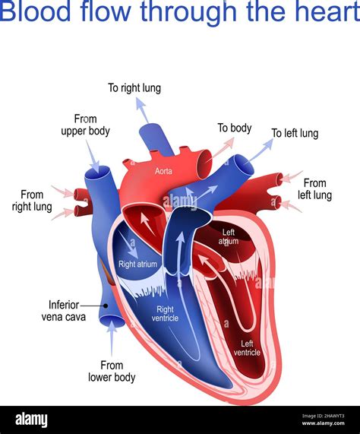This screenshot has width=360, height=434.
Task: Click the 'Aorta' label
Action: (163, 172)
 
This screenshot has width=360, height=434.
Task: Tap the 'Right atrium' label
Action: (137, 265)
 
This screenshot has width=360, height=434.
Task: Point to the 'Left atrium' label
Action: (229, 237)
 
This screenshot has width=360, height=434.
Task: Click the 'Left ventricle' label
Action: (247, 347)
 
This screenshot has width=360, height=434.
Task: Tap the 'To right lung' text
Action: (134, 88)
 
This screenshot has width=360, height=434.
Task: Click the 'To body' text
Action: (234, 128)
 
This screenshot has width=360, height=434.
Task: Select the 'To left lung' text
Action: (295, 134)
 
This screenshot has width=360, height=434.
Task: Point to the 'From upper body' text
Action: (85, 125)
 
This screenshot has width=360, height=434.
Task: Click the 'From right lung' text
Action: (32, 200)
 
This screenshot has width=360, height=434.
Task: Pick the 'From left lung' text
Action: (314, 188)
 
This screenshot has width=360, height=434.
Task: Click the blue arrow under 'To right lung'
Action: (141, 110)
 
